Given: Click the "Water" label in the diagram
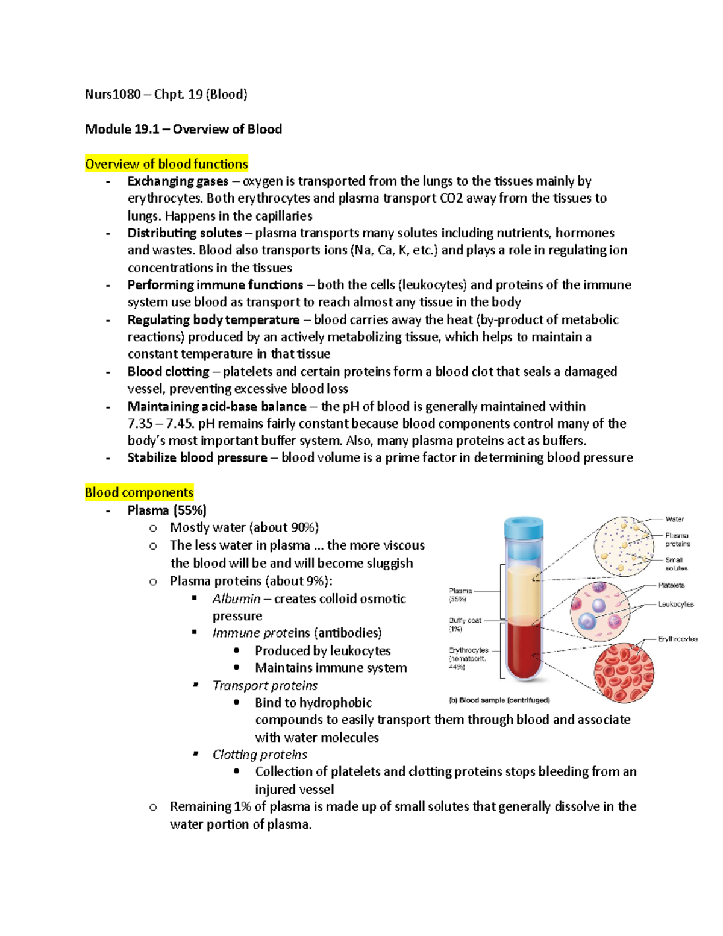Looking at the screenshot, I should coord(674,519).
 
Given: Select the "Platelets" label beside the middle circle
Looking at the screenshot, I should coord(671,585).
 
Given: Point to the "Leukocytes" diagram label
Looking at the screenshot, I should coord(675,604).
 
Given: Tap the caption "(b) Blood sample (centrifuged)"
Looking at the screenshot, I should coord(499,700).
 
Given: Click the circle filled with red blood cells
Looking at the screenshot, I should coord(624,673).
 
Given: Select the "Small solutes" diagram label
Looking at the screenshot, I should coord(676,564).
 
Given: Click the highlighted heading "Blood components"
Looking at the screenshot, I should coord(139,492).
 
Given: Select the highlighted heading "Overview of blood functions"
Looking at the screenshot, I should coord(166,164).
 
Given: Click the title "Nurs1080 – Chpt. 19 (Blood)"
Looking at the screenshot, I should coord(166,94).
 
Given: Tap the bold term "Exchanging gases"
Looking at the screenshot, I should coord(178,181).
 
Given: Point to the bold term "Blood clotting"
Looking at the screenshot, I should coord(168,372).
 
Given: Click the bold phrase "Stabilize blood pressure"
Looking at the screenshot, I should coord(197,458).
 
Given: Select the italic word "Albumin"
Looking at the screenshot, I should coord(236,599).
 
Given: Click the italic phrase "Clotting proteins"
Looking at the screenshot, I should coord(260,755).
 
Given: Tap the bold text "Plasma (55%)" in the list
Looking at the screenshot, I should coord(167,510).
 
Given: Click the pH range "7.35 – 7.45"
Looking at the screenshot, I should coord(160,424).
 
